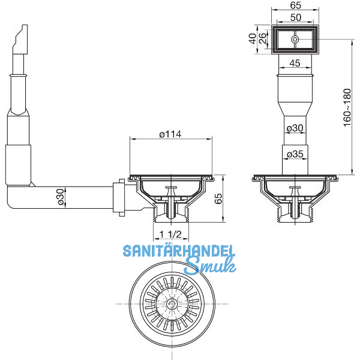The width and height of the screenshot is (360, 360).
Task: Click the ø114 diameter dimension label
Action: (170, 134)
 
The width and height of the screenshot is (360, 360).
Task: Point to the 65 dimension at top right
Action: (295, 5)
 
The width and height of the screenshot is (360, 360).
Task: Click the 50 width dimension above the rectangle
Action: (295, 18)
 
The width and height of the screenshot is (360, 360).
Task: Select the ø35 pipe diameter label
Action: (295, 155)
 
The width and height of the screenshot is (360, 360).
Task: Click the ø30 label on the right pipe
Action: (295, 128)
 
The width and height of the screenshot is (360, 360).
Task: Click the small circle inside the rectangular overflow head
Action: (295, 39)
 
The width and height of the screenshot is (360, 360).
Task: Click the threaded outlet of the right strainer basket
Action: (295, 214)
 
